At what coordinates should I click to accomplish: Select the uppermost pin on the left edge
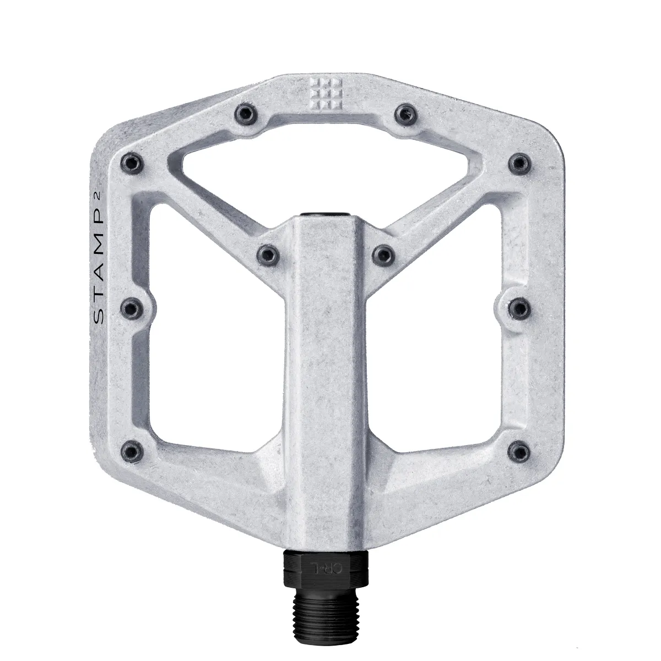133,162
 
